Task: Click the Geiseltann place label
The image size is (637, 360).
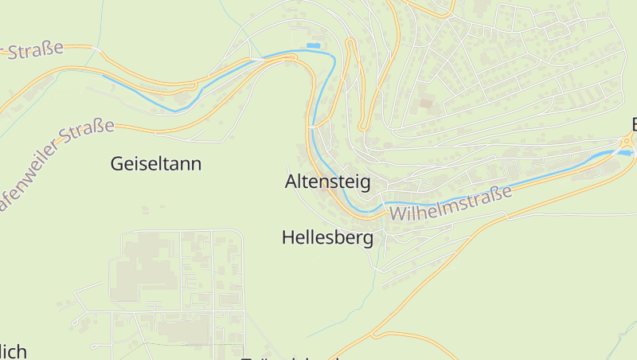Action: coord(155,164)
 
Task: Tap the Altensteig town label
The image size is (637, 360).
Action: coord(327,182)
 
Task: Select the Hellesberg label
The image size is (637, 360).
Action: coord(327,237)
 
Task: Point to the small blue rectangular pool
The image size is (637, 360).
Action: coord(314,46)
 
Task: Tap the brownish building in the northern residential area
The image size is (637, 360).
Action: coord(426,103)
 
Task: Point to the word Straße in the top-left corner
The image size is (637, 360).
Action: coord(36,52)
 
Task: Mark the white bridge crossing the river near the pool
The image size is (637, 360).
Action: coord(257,59)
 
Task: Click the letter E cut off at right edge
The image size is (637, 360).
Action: coord(633,124)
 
